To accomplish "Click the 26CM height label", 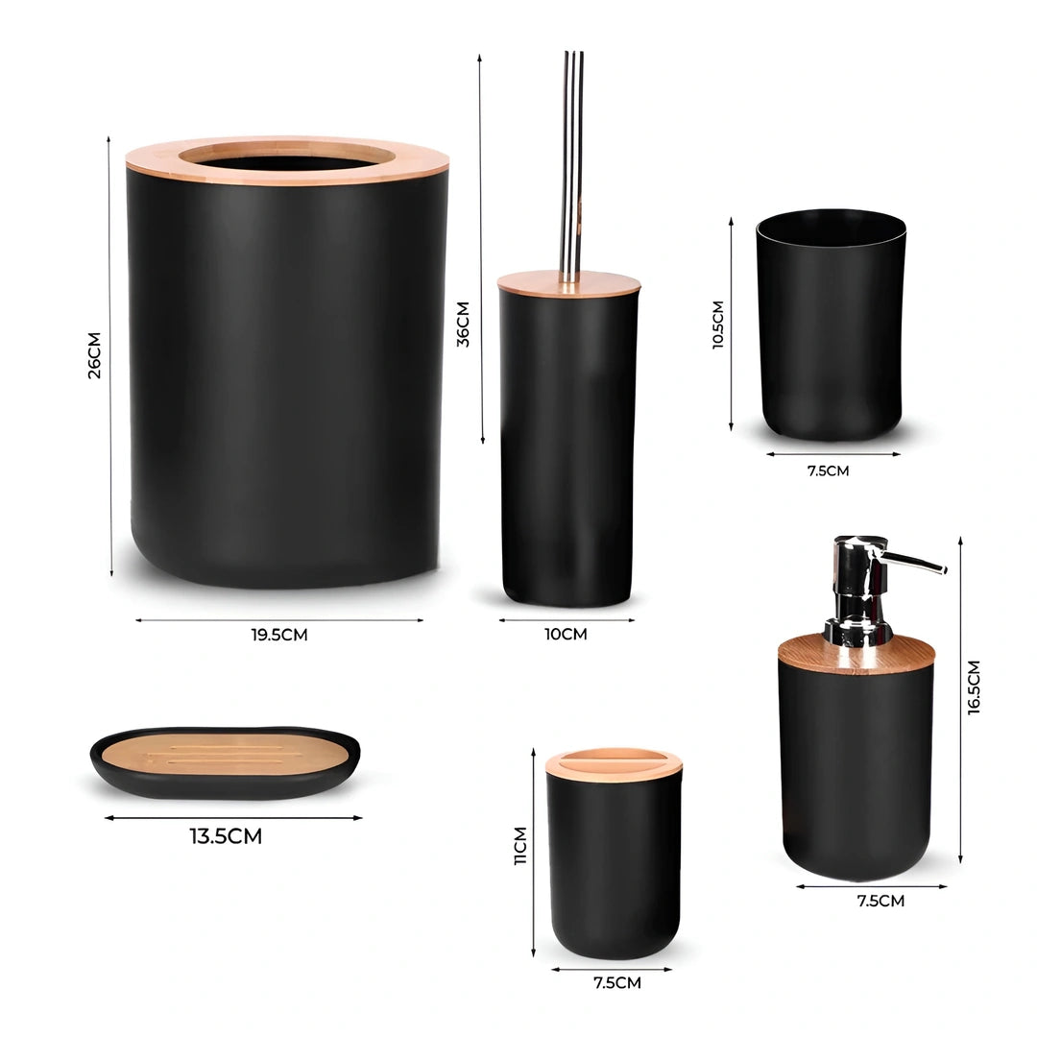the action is (x=94, y=355).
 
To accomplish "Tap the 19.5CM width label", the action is (x=279, y=635).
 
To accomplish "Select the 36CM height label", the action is (x=463, y=325).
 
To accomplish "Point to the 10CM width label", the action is (x=566, y=635).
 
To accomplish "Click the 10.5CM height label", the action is (x=718, y=325).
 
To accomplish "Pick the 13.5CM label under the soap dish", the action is (x=227, y=836).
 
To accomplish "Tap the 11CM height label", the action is (x=520, y=846).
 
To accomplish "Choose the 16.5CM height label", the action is (x=974, y=687).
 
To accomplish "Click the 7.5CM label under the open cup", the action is (x=828, y=470).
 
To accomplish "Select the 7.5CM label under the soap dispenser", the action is (x=880, y=901).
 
